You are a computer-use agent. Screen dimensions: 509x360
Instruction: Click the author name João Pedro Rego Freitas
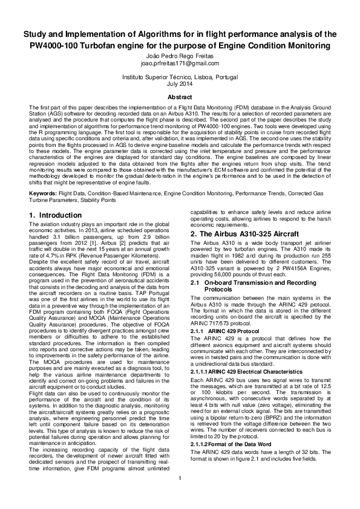click(x=180, y=55)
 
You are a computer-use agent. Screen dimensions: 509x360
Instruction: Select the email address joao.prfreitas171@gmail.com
click(x=180, y=63)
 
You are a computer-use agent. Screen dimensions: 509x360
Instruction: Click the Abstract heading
click(x=180, y=97)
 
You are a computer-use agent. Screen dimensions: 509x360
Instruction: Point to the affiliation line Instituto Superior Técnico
click(x=180, y=77)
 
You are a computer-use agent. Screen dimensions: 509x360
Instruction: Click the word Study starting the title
click(x=36, y=33)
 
